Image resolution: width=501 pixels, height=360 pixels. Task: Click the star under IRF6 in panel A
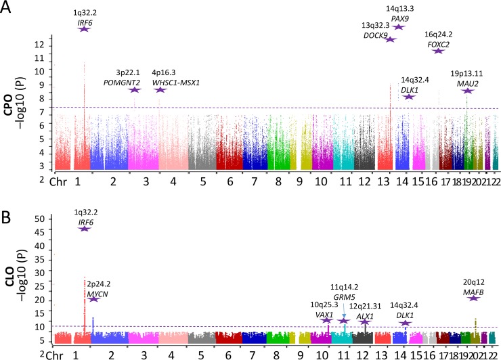[x=85, y=28]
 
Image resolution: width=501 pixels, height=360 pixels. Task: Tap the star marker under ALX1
[x=366, y=321]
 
